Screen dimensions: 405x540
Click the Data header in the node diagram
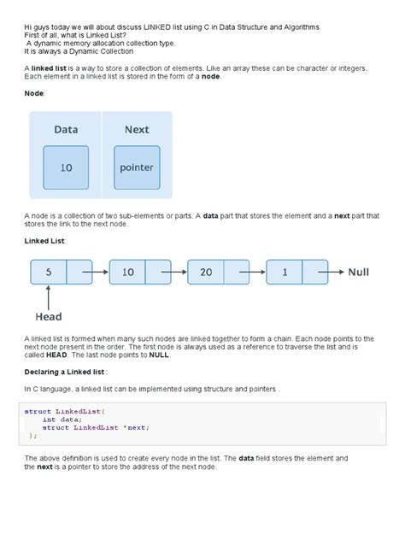(x=66, y=130)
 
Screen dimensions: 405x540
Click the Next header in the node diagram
(x=136, y=130)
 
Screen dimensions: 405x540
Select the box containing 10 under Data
(x=66, y=167)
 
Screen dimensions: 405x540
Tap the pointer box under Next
(x=137, y=167)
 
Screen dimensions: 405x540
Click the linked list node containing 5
(x=50, y=272)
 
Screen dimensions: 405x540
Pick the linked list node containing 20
(x=207, y=272)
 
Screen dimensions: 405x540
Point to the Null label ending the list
(x=358, y=272)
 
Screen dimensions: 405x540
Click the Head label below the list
(x=48, y=316)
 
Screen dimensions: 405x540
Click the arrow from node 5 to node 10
(x=96, y=272)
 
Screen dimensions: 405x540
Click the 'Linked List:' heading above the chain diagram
(x=45, y=242)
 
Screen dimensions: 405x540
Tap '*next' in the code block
(x=137, y=426)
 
